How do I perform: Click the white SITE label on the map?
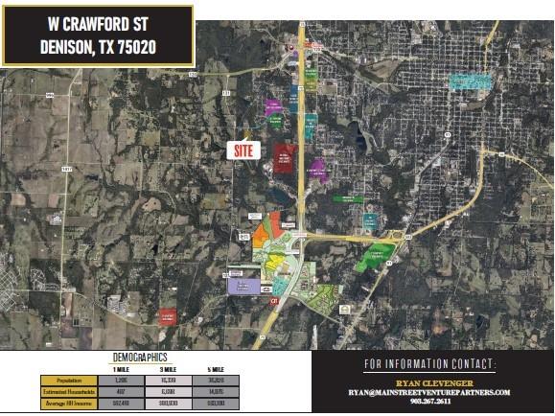click(x=243, y=150)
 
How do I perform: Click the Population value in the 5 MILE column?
click(x=216, y=380)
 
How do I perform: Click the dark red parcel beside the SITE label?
click(x=284, y=157)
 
